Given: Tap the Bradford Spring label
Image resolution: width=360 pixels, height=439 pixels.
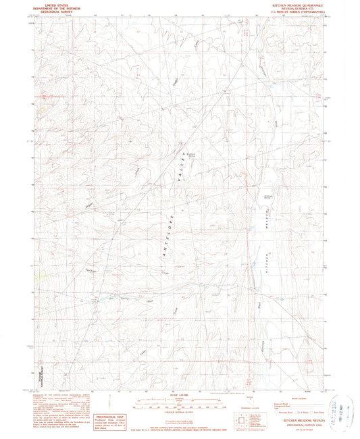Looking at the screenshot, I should coord(191,154).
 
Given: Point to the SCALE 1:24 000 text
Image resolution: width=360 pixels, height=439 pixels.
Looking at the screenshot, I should coord(180,394).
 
